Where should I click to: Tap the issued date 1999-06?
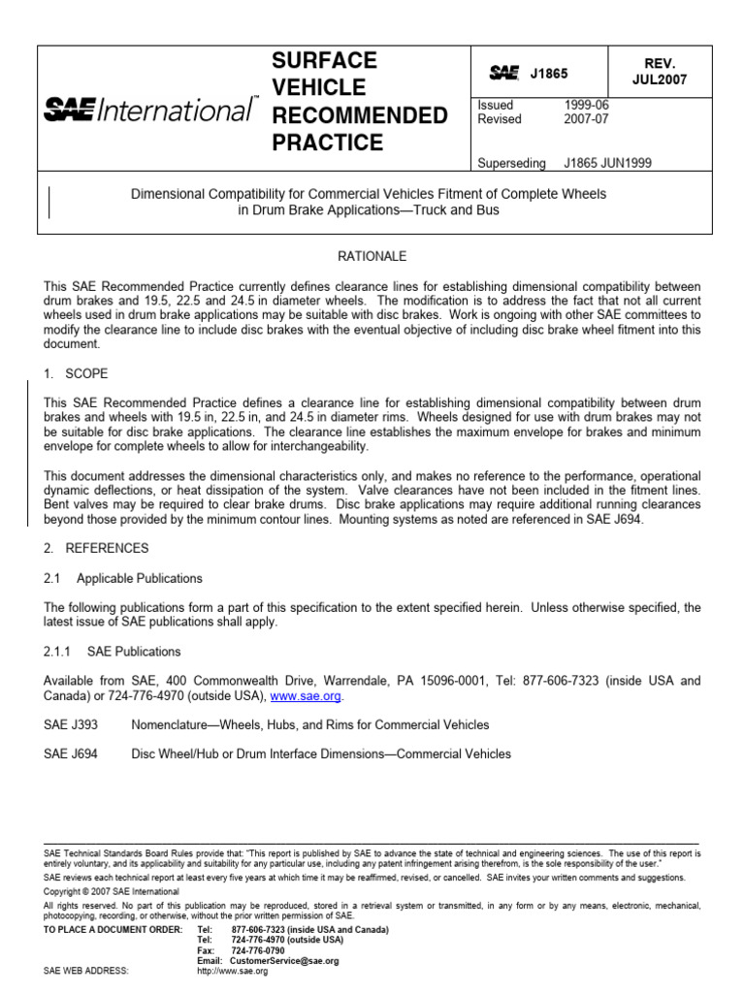[587, 105]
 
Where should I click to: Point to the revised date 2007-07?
[587, 119]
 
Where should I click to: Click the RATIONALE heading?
[372, 256]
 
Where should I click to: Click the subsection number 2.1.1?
[59, 652]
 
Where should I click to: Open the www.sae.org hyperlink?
[306, 696]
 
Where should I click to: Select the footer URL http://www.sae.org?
[232, 971]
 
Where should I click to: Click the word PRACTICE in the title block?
[327, 143]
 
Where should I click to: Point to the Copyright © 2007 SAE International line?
[112, 891]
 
